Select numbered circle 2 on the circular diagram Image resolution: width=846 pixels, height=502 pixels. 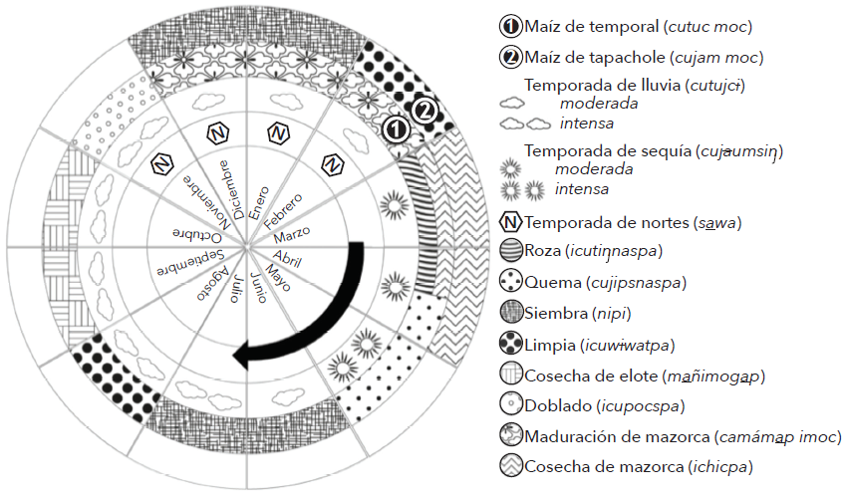pyautogui.click(x=424, y=110)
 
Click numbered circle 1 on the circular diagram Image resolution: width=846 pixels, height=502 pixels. pyautogui.click(x=397, y=128)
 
